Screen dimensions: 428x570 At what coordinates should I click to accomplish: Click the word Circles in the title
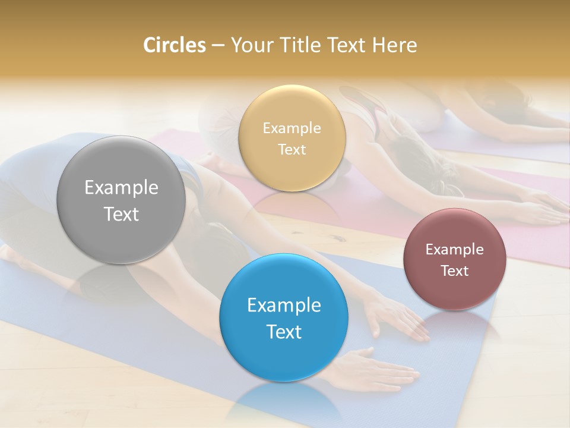click(x=174, y=45)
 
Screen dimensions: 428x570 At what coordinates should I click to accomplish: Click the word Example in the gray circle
click(x=121, y=188)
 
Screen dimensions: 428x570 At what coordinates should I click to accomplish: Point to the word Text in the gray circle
click(x=121, y=215)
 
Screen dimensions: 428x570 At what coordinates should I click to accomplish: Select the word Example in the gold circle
click(x=292, y=128)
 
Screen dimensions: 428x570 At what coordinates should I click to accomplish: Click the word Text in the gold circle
click(x=292, y=150)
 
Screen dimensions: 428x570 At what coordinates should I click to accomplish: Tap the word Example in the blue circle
click(x=284, y=306)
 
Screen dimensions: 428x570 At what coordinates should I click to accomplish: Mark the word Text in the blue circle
click(x=284, y=332)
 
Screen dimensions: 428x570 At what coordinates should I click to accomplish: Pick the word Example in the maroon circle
click(x=454, y=250)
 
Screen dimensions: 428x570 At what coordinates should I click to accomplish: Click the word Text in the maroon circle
click(x=454, y=271)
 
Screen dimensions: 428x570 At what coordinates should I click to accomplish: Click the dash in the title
click(x=218, y=45)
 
